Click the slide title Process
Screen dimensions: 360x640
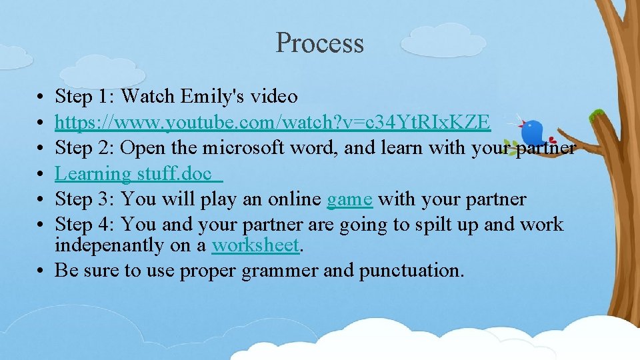[319, 43]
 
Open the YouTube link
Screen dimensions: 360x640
[273, 123]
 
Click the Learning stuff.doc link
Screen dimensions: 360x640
[139, 174]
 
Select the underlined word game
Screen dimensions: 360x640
[349, 199]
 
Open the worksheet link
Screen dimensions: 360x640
[255, 245]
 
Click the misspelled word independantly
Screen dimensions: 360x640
[110, 245]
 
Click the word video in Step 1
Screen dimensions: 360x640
[274, 97]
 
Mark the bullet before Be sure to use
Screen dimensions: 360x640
[41, 271]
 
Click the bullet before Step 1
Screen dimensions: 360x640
[41, 97]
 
